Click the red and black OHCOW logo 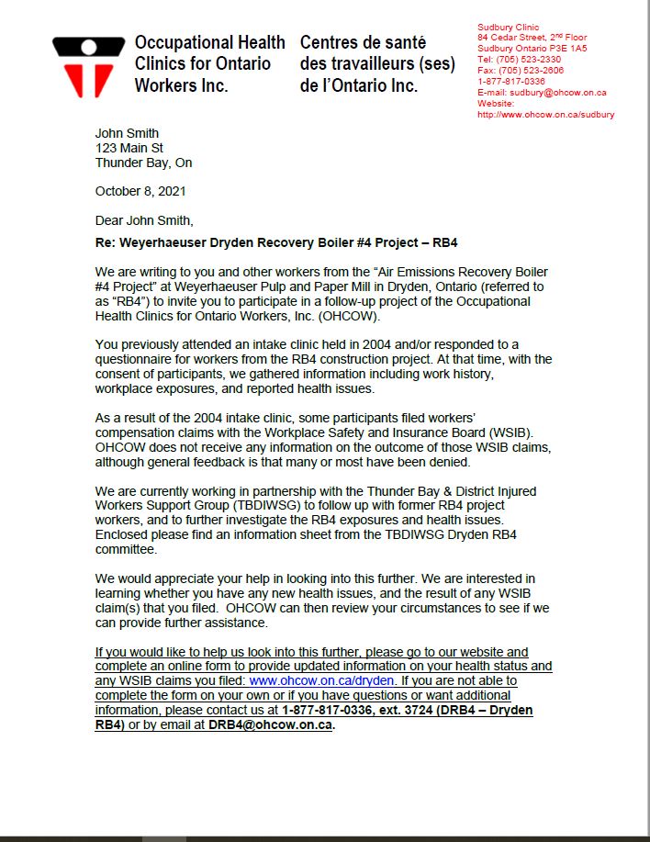click(88, 66)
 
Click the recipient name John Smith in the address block click(127, 133)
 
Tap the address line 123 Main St click(129, 148)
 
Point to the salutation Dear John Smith click(144, 220)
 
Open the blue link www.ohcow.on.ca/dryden click(322, 680)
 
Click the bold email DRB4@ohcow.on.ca click(270, 725)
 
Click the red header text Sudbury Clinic click(509, 28)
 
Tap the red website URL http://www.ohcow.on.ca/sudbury click(546, 115)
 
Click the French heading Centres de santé click(363, 43)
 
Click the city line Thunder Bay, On click(144, 163)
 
